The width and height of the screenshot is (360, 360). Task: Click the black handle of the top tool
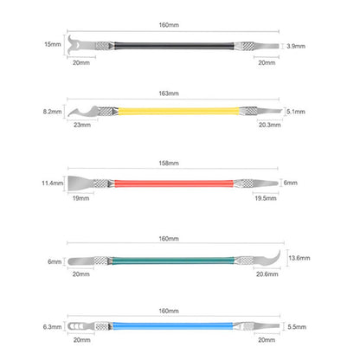[x=174, y=46]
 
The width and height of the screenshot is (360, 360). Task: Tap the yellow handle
[x=178, y=111]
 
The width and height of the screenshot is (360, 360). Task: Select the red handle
[x=174, y=183]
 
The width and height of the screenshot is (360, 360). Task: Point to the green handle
[x=173, y=260]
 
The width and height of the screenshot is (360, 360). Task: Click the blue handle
[x=173, y=326]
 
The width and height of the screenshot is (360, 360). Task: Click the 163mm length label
[x=169, y=93]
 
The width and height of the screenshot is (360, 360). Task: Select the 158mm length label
[x=169, y=164]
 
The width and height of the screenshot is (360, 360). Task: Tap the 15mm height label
[x=53, y=44]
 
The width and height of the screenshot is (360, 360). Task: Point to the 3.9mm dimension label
[x=296, y=46]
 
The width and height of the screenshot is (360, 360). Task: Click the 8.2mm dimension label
[x=53, y=112]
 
